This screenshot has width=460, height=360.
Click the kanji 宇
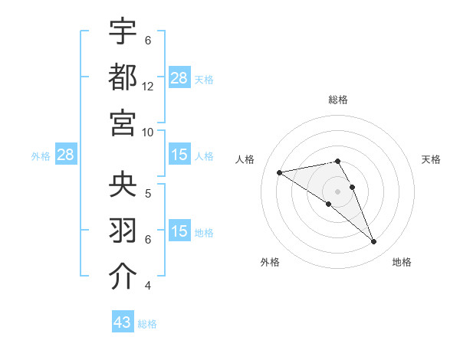coord(123,32)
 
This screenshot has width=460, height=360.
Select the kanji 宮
coord(123,122)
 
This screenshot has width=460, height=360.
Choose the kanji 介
coord(123,277)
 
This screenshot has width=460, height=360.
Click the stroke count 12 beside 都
coord(148,87)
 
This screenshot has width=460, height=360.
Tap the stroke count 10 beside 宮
coord(148,132)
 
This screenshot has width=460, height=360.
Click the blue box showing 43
coord(122,322)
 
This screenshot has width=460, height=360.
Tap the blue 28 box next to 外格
coord(65,155)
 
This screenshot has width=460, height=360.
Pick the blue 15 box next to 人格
coord(179,155)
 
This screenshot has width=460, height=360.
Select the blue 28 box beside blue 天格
coord(179,78)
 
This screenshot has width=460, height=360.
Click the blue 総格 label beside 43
coord(147,324)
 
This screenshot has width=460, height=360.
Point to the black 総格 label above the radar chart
coord(338,100)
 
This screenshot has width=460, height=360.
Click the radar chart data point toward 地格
coord(374,242)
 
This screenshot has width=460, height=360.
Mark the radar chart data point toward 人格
coord(279,172)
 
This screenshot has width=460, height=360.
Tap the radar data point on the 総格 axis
coord(337,161)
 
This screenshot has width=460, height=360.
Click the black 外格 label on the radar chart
coord(270,262)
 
